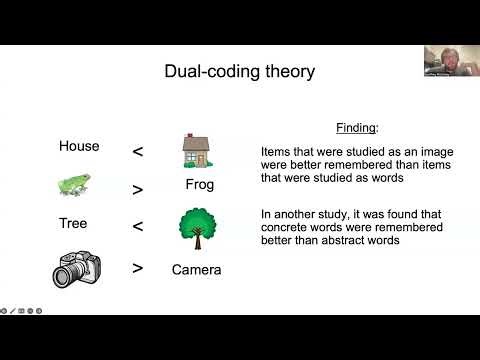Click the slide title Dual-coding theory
pyautogui.click(x=239, y=71)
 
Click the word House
pyautogui.click(x=79, y=146)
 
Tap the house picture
pyautogui.click(x=196, y=150)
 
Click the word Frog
pyautogui.click(x=200, y=185)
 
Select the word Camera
pyautogui.click(x=196, y=269)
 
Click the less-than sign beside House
pyautogui.click(x=138, y=152)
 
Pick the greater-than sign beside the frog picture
pyautogui.click(x=138, y=189)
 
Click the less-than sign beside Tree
pyautogui.click(x=138, y=227)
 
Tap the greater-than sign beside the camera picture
pyautogui.click(x=138, y=268)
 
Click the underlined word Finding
pyautogui.click(x=356, y=128)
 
